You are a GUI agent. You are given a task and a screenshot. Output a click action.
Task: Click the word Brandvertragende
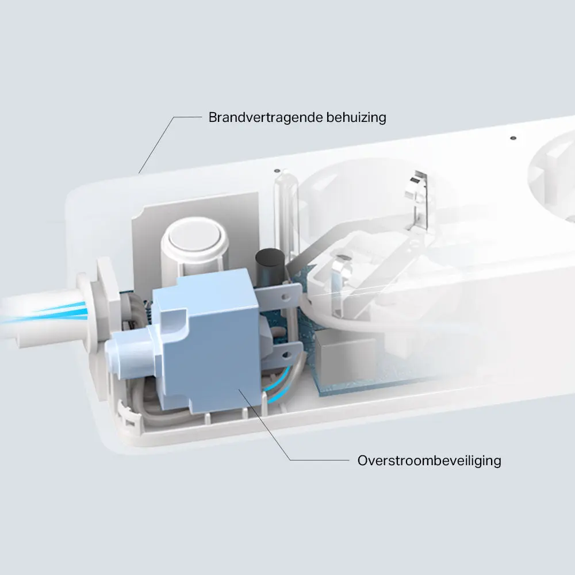tap(266, 117)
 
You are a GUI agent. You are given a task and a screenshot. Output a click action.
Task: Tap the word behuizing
tap(356, 118)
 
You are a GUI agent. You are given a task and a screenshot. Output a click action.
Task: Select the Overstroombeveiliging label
tap(429, 461)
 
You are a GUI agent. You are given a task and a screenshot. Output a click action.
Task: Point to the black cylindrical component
tap(270, 264)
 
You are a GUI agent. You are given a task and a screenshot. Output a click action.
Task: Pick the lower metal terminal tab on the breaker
tap(282, 354)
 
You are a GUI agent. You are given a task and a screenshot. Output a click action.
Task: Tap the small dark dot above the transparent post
tap(277, 171)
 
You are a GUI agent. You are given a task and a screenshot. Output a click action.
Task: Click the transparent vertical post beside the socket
tap(284, 216)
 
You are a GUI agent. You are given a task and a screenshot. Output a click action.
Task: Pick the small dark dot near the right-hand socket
tap(513, 138)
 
